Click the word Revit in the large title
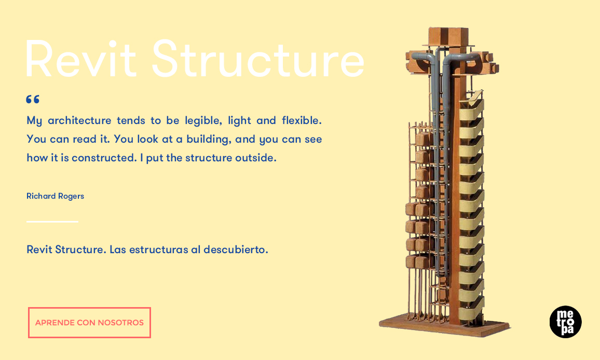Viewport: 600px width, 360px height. [81, 59]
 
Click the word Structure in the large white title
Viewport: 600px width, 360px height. [258, 59]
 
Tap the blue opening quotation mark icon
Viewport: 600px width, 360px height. [33, 100]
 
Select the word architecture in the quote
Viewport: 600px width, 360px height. [79, 120]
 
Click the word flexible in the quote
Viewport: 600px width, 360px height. [302, 120]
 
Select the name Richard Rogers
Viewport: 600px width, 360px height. [56, 196]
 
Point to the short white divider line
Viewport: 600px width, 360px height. [52, 221]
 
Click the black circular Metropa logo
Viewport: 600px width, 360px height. [566, 322]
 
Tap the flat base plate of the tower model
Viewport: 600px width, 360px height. [444, 326]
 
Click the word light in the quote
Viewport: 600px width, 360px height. [240, 121]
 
